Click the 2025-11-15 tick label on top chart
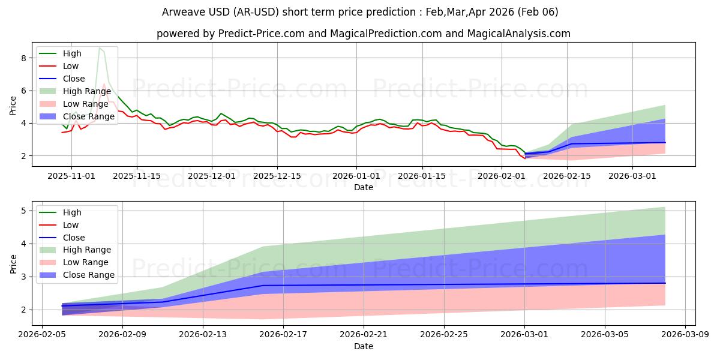(x=137, y=176)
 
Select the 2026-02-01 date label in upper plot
(x=503, y=176)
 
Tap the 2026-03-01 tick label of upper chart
(x=632, y=176)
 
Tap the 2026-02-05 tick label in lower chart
(x=42, y=335)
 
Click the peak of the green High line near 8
(x=100, y=47)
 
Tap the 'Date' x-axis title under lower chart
(x=364, y=346)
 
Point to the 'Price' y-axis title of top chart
(x=13, y=106)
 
